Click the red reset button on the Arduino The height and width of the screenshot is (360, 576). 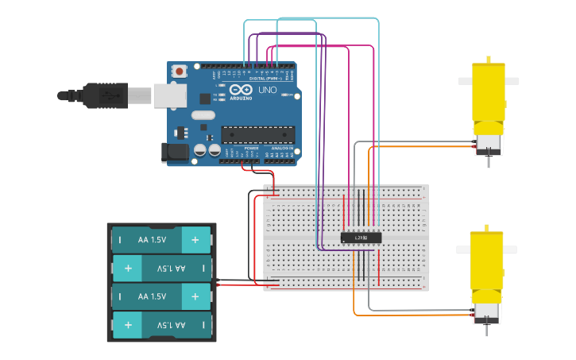point(180,72)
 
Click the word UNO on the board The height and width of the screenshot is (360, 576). point(268,91)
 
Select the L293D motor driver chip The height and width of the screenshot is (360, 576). point(361,237)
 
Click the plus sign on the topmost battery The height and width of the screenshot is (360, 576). point(195,239)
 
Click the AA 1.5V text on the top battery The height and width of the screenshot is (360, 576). point(153,239)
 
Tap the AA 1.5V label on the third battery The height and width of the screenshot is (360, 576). point(153,296)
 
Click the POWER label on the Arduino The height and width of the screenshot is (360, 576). point(251,149)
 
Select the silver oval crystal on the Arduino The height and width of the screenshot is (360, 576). point(203,115)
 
